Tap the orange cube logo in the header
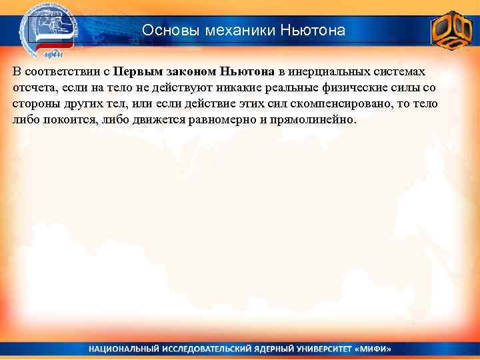coord(451,29)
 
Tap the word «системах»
coord(396,71)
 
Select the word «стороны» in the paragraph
coord(35,105)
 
